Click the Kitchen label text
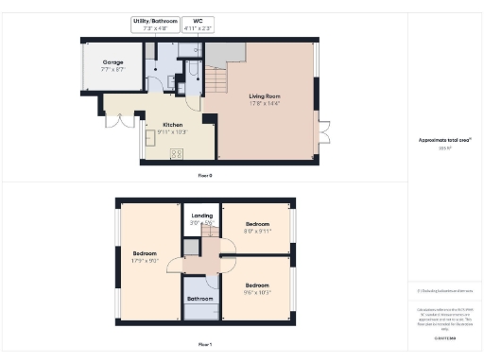(172, 124)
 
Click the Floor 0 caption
(204, 176)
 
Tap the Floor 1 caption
(204, 345)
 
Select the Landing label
(202, 215)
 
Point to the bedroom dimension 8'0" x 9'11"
(258, 230)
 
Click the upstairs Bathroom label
(199, 299)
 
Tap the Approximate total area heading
(444, 139)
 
